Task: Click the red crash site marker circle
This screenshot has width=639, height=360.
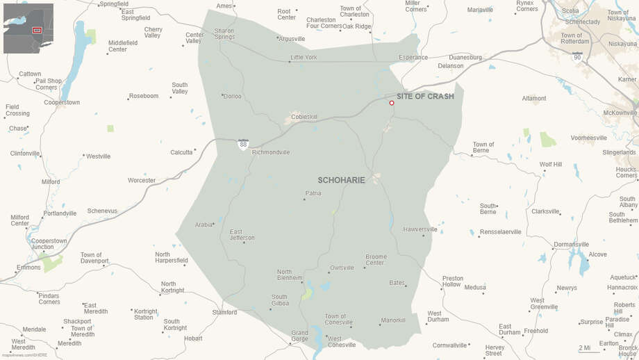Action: point(392,103)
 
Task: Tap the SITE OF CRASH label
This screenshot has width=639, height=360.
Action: point(425,96)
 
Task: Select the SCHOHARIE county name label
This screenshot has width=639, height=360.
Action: point(341,180)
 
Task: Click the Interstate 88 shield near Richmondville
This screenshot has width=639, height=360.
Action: point(243,144)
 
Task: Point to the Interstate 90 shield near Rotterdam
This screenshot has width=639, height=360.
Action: point(577,57)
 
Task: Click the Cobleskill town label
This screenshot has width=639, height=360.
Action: point(304,116)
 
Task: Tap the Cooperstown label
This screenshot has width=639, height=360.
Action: point(61,102)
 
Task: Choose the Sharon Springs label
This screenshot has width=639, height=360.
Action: point(224,33)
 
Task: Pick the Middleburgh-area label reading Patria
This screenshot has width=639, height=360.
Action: point(313,193)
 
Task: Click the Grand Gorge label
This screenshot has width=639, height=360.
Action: point(299,336)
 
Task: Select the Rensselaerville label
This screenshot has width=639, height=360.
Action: point(500,231)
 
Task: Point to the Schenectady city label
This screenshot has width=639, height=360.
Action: point(581,22)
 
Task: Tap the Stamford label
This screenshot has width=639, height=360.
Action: point(224,313)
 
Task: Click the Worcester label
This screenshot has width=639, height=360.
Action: point(142,180)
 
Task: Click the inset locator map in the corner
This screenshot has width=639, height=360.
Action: point(28,28)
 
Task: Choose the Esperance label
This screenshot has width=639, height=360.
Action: point(413,57)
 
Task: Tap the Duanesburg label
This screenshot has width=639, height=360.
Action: point(465,57)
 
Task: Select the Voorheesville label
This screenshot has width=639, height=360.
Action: point(589,138)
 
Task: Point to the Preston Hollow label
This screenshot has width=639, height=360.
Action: point(453,281)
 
